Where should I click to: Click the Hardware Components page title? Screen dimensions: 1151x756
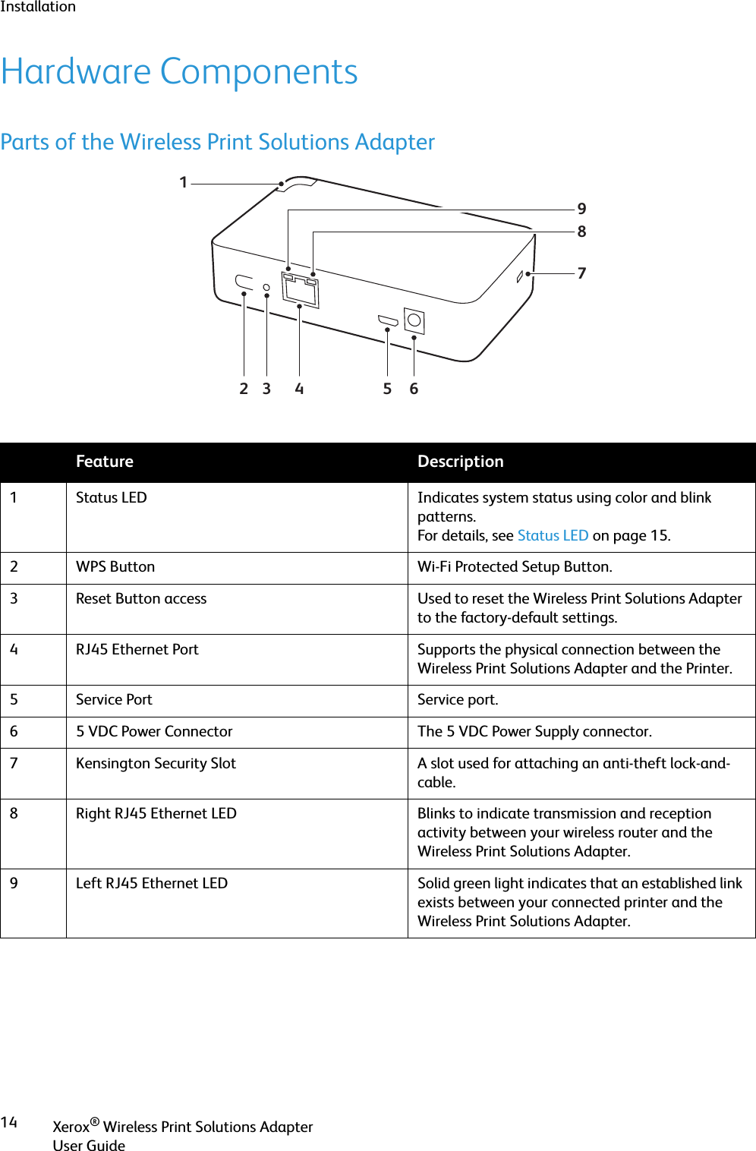click(179, 72)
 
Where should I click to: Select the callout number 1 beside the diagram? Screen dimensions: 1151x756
click(183, 182)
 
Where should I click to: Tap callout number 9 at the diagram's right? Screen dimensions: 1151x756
click(581, 209)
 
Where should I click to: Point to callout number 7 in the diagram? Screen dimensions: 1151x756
click(581, 273)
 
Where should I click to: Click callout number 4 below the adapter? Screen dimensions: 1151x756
click(299, 389)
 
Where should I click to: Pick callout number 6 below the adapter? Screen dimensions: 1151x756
click(414, 389)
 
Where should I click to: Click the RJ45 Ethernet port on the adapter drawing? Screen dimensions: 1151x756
click(301, 290)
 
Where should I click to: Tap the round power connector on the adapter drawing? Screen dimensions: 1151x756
click(414, 320)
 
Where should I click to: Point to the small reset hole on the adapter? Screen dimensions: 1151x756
click(266, 287)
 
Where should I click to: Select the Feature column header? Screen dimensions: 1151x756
click(105, 462)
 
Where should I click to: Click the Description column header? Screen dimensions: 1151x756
click(460, 462)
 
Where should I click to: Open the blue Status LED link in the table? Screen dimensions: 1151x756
click(553, 535)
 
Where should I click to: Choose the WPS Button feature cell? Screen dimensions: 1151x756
click(115, 567)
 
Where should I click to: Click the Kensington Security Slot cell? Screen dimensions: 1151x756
click(156, 764)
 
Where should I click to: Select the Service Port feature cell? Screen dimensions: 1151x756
click(114, 700)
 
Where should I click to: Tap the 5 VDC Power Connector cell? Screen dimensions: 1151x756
click(154, 732)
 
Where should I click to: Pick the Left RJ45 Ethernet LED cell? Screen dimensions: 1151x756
click(152, 884)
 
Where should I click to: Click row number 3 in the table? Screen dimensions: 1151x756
click(14, 599)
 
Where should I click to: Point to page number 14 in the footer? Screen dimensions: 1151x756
click(9, 1122)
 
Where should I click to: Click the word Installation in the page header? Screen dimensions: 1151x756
click(38, 7)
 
